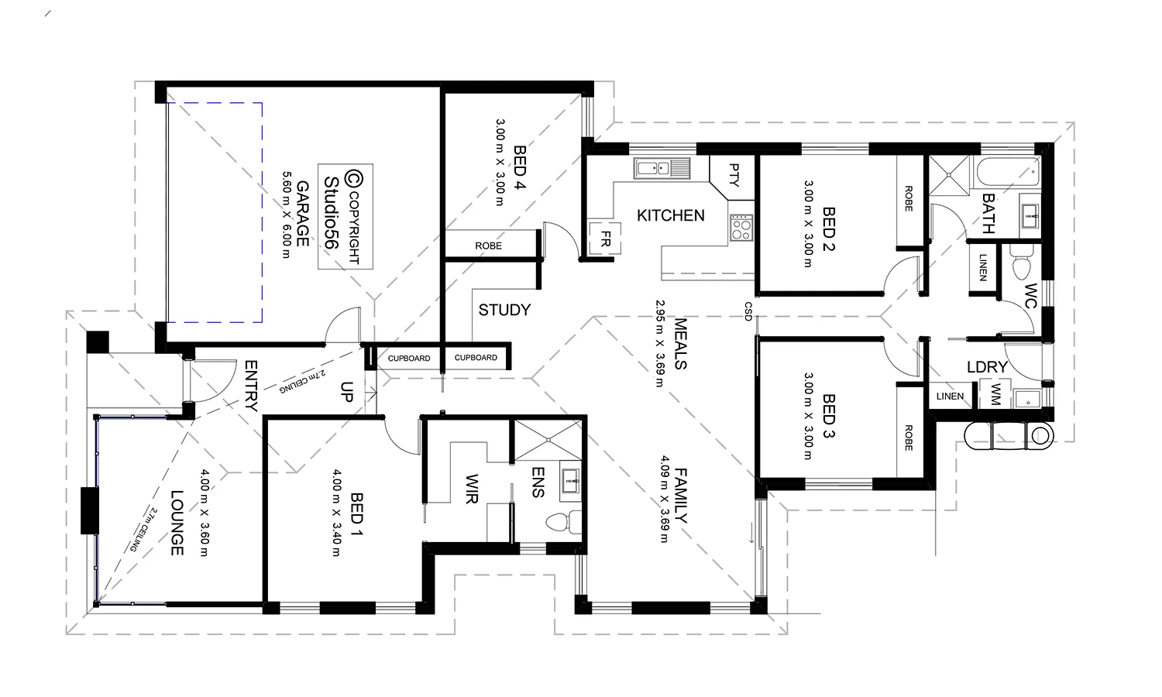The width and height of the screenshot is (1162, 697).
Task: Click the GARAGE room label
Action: coord(302,214)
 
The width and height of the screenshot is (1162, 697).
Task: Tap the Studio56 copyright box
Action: coord(346,216)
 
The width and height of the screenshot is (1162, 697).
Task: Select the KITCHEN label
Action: coord(671,215)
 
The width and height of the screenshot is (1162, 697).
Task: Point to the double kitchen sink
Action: coord(662,168)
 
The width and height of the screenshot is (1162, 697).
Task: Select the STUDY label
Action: coord(504,310)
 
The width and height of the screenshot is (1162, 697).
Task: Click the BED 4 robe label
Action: coord(488,245)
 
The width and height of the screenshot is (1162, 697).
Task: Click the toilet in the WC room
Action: coord(1020,265)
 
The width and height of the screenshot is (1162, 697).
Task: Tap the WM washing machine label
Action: coord(995,395)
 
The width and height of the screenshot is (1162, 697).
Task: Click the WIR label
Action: coord(471,489)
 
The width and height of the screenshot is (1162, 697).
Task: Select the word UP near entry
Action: coord(346,392)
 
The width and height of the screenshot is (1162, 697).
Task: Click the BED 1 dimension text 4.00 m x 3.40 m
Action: coord(336,513)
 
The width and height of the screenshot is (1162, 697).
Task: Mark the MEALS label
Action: coord(680,343)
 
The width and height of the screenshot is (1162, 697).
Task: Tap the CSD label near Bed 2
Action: coord(748,311)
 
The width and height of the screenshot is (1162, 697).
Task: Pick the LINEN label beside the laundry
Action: coord(950,397)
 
